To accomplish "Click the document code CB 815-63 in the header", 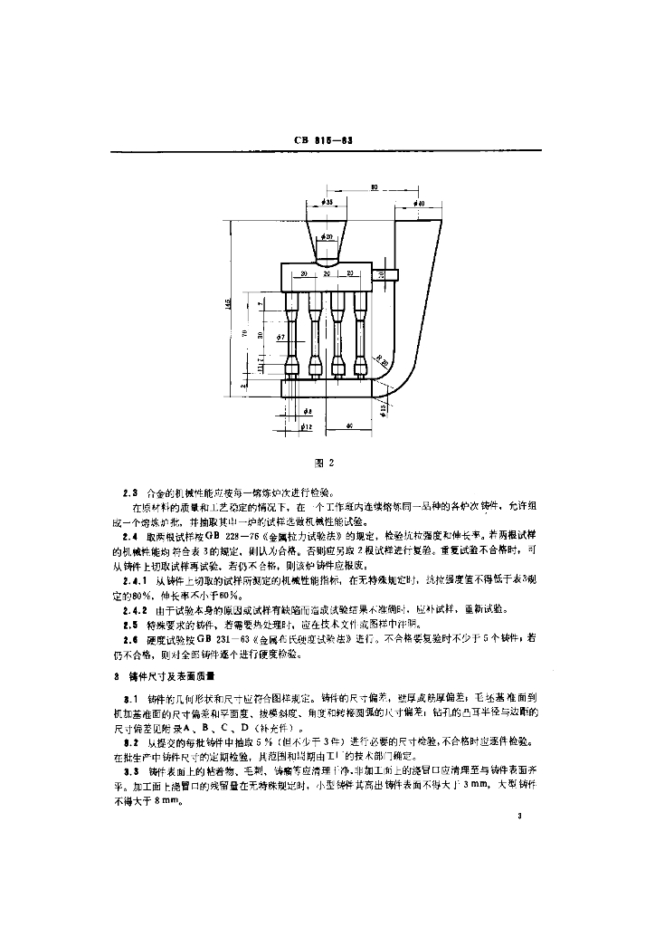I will [327, 140].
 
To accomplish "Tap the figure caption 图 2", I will [327, 463].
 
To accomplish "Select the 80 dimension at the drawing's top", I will [375, 187].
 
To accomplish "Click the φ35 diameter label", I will [326, 203].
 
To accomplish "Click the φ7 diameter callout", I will [281, 337].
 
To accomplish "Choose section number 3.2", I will [130, 741].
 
